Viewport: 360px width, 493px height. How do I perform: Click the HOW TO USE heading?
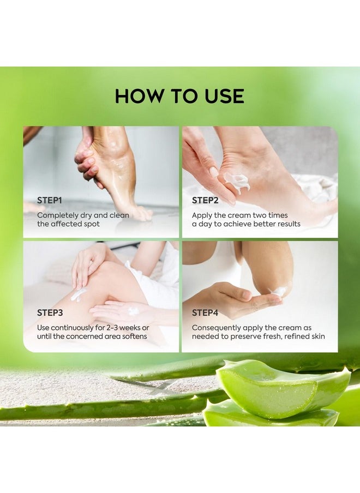click(179, 96)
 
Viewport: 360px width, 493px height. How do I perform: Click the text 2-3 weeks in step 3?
click(122, 328)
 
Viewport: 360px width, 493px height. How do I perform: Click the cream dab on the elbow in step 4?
click(278, 292)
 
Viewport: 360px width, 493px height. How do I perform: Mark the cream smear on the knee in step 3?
click(79, 294)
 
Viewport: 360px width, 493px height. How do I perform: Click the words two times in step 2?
click(270, 215)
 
